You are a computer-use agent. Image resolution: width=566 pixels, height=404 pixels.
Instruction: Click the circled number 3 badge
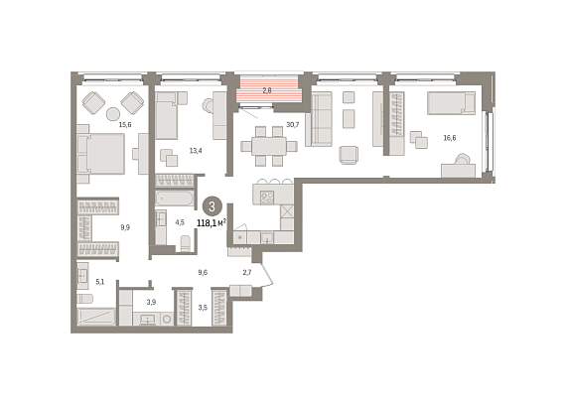212,206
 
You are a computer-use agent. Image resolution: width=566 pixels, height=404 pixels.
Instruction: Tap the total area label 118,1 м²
212,223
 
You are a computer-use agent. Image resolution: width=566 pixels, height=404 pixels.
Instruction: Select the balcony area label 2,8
267,90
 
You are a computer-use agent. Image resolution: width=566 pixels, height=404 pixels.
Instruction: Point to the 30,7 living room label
292,125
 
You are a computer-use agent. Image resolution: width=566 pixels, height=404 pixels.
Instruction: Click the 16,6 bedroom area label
450,137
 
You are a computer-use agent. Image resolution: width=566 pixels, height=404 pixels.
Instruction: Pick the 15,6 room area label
125,125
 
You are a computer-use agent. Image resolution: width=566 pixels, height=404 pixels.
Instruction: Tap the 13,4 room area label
196,151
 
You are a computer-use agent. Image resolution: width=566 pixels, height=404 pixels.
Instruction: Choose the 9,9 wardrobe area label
125,227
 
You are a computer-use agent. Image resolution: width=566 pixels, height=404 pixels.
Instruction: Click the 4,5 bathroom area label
180,222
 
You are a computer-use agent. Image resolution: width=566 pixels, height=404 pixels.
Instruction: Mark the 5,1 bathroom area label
100,282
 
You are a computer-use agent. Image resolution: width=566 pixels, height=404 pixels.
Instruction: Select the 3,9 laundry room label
151,302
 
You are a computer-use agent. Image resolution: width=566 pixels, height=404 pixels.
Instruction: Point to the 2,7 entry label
247,272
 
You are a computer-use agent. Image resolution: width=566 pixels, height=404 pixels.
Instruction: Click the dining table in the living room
269,146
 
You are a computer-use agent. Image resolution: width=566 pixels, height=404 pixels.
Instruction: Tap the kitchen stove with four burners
267,198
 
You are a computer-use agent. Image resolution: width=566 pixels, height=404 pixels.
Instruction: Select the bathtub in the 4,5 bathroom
175,199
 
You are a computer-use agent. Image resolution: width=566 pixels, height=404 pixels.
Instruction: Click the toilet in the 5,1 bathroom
84,299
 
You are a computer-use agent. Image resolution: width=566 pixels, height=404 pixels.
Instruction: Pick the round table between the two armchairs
112,114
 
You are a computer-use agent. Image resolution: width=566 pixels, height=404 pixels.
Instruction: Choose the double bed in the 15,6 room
101,154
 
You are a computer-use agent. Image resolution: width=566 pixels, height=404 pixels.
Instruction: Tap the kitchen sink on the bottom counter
267,237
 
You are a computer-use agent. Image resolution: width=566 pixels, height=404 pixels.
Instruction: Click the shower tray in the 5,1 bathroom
96,317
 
